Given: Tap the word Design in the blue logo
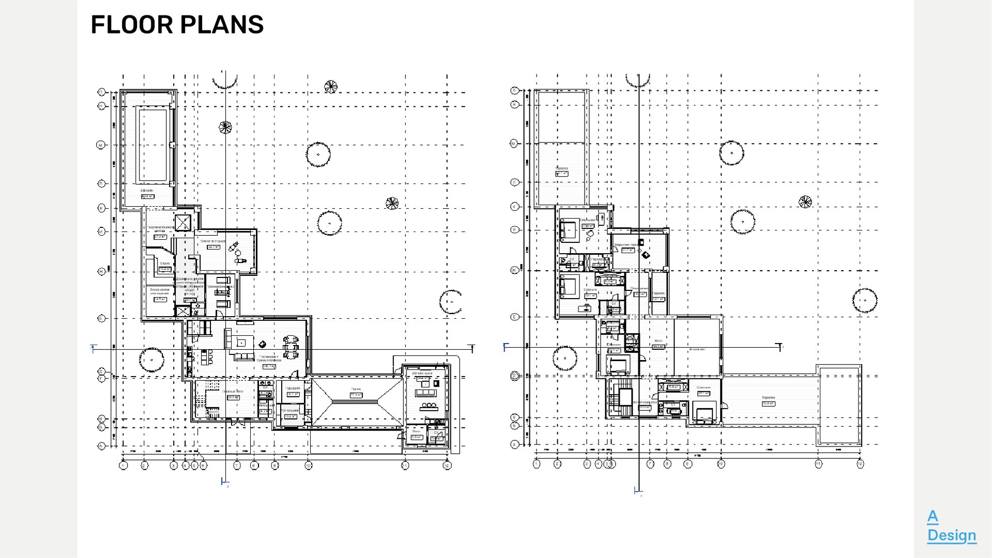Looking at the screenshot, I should [x=951, y=535].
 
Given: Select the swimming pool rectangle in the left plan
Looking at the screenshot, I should [x=153, y=144].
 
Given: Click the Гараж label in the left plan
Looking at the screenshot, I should [x=356, y=389].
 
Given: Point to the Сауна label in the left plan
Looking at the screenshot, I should [x=165, y=263].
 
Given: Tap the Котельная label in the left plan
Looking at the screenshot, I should [x=290, y=410].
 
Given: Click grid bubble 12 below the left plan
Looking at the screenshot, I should [x=447, y=466].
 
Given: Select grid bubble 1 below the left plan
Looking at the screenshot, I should [x=123, y=466].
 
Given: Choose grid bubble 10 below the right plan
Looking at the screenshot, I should [x=721, y=464].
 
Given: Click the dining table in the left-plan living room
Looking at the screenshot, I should [x=291, y=347].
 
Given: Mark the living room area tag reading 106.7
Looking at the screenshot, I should [x=269, y=366].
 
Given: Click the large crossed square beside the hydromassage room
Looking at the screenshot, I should [x=183, y=223].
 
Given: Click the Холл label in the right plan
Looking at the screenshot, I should [x=658, y=341].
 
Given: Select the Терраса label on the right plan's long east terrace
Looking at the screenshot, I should [x=768, y=398].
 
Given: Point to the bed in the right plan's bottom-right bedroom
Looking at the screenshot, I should [x=703, y=415].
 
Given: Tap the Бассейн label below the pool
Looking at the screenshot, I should [x=147, y=191].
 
